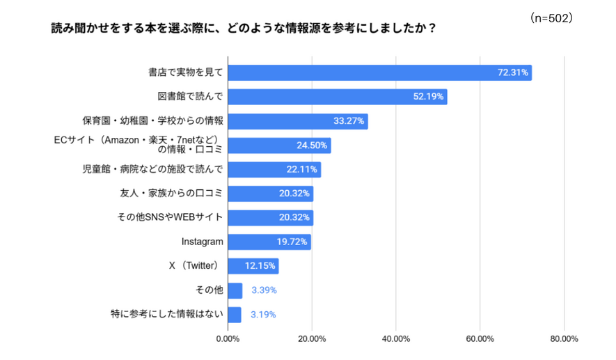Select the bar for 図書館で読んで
click(x=338, y=97)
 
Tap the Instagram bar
click(x=269, y=242)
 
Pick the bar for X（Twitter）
click(x=253, y=266)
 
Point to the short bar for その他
click(x=235, y=290)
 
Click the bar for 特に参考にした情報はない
click(x=235, y=314)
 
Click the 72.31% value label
click(x=513, y=72)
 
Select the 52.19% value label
click(x=428, y=97)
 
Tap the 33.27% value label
click(x=349, y=121)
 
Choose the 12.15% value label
click(x=260, y=266)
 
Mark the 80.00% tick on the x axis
click(x=564, y=339)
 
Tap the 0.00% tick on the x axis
click(x=228, y=339)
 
